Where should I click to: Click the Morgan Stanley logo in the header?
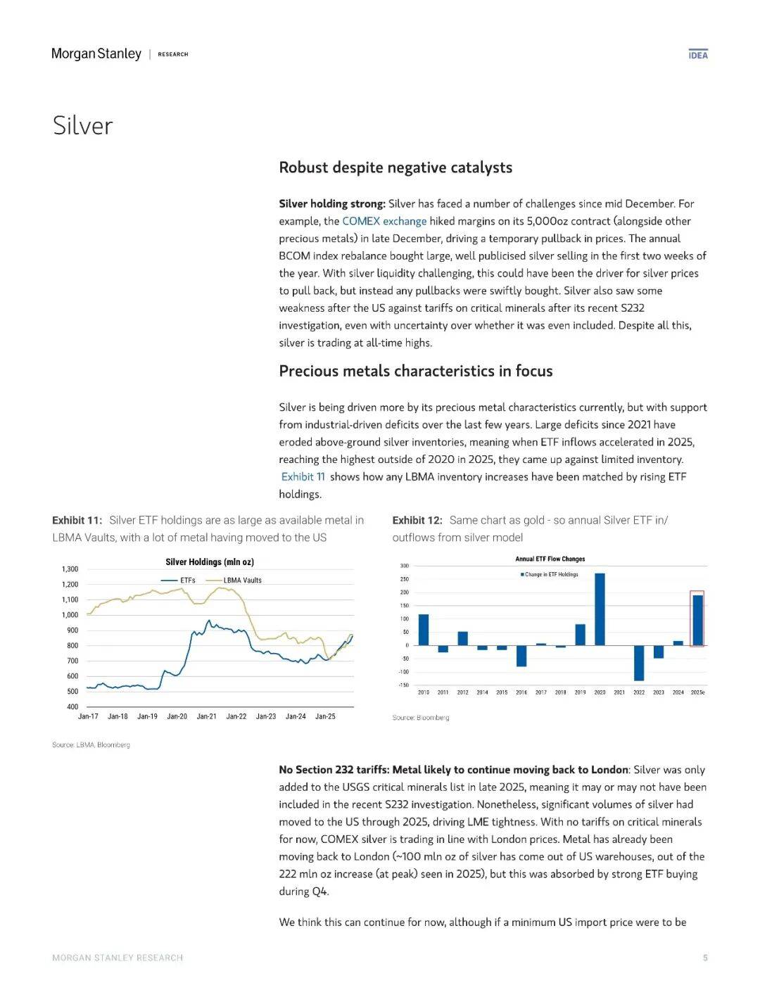coord(96,54)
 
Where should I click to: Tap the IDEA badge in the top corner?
coord(698,55)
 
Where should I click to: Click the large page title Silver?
coord(82,126)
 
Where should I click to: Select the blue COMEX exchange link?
coord(384,221)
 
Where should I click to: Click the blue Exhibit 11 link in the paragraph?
coord(303,477)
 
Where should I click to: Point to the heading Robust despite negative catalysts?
coord(395,167)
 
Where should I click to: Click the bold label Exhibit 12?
coord(417,520)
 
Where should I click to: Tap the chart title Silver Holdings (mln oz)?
coord(210,562)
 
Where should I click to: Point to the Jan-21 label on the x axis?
coord(206,716)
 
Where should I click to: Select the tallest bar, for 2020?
coord(600,609)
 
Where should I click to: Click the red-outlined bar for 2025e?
coord(697,620)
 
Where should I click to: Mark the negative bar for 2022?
coord(639,663)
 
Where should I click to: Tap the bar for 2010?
coord(424,630)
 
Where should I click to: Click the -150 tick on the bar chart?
coord(404,685)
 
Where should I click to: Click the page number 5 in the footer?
coord(705,958)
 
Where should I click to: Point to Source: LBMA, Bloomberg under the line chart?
coord(91,744)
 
